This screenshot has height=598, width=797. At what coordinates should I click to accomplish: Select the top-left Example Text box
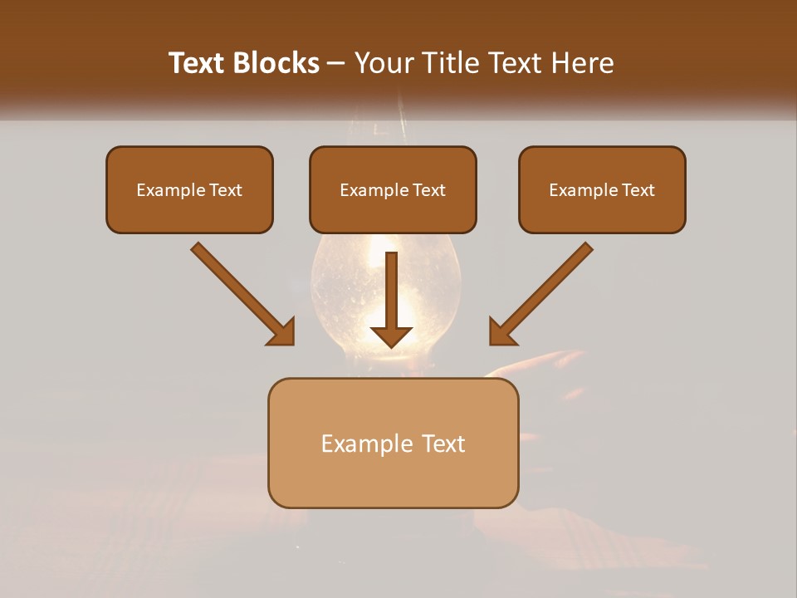pos(189,189)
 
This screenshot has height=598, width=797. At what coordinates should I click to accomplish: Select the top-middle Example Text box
pos(393,189)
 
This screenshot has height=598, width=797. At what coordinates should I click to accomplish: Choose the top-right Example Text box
pos(602,189)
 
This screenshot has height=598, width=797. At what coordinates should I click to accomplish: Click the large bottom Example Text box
pos(393,443)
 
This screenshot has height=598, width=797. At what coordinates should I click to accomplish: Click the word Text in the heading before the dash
pos(198,63)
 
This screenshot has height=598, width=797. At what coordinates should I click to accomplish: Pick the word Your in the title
pos(382,63)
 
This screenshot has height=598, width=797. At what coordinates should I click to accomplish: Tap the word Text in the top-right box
pos(637,190)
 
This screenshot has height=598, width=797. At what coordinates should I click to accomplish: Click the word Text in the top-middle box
pos(428,190)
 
